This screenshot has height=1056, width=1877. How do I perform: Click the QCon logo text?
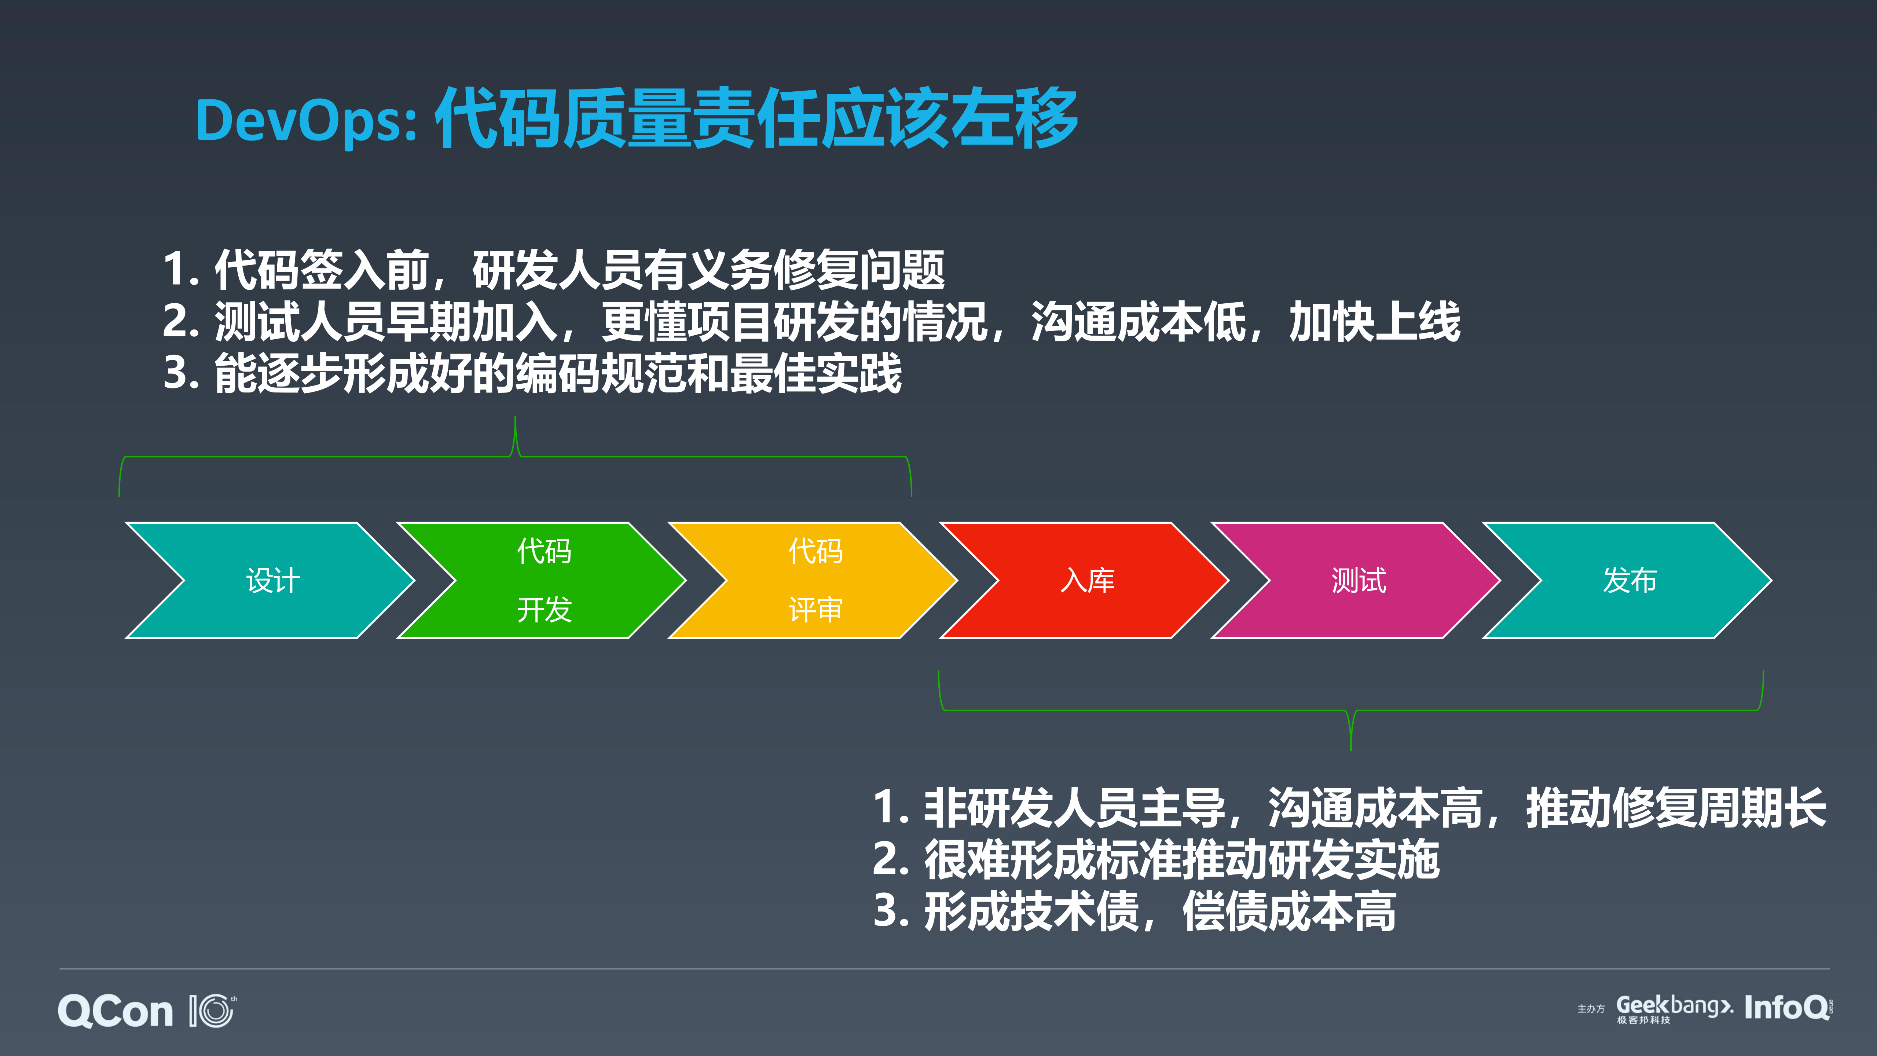click(115, 1012)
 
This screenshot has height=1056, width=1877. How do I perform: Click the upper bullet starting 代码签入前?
click(554, 270)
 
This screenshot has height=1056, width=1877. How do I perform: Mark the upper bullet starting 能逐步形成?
click(532, 373)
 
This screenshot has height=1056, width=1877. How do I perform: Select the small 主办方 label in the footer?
click(1591, 1009)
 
